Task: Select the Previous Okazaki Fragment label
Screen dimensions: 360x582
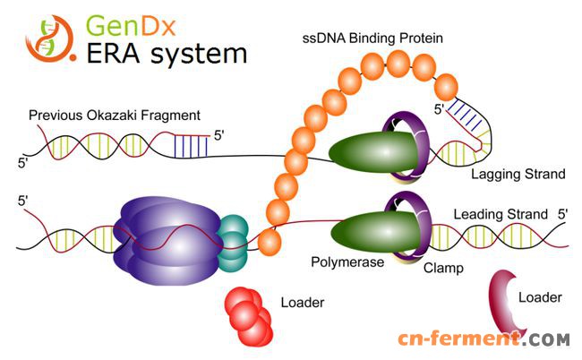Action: (x=114, y=116)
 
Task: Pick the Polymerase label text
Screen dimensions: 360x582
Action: (x=347, y=262)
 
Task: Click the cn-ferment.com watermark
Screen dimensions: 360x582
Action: (x=484, y=339)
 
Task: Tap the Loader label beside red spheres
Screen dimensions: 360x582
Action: (x=303, y=303)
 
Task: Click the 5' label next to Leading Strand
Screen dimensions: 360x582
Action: (x=563, y=215)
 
